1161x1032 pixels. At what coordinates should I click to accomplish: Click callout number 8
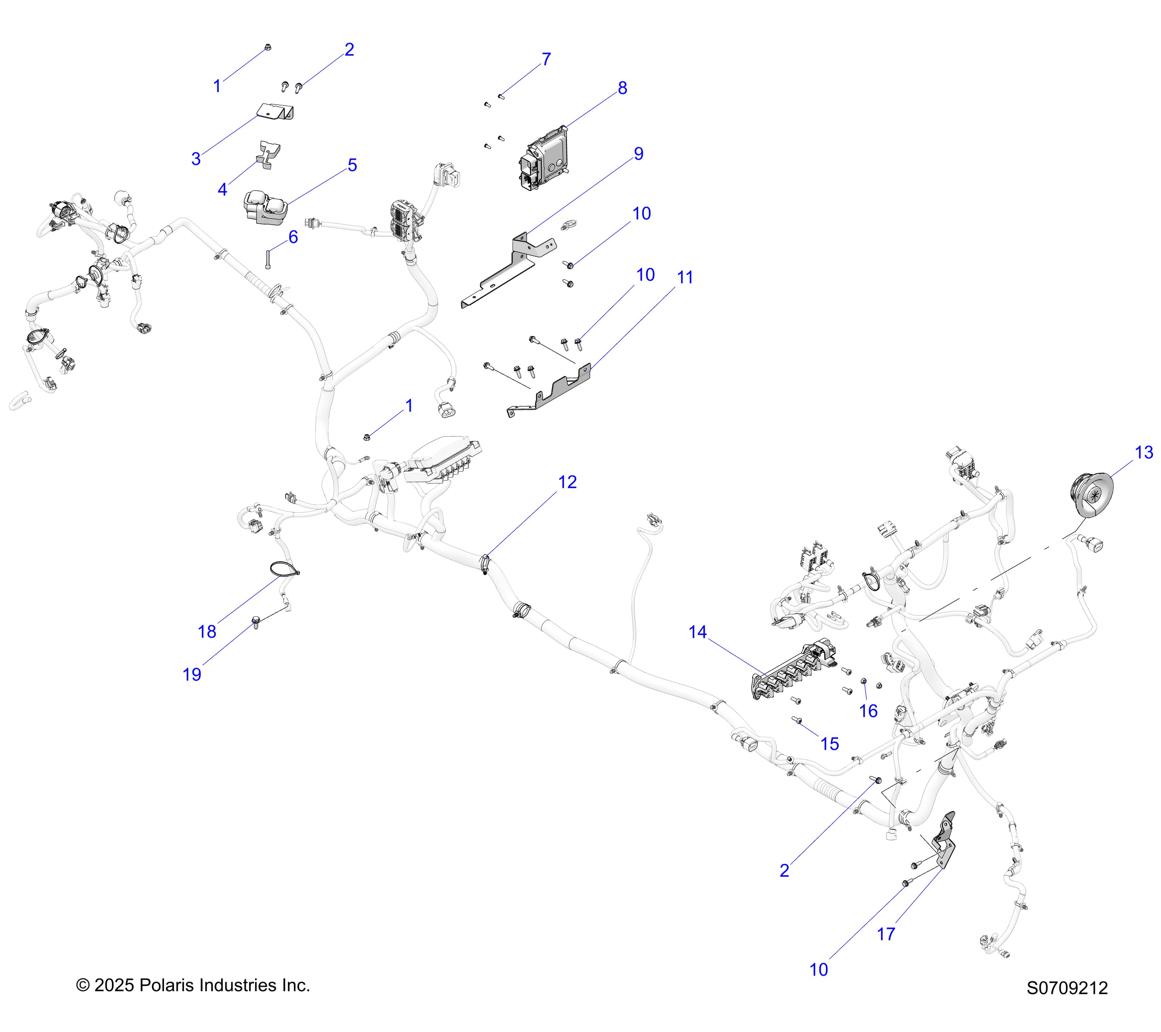point(622,88)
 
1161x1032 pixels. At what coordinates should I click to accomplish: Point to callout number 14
point(698,632)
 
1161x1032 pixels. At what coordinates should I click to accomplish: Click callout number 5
point(352,165)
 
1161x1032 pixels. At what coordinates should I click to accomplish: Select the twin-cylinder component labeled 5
point(266,207)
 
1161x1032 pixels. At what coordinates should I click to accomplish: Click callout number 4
point(223,190)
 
